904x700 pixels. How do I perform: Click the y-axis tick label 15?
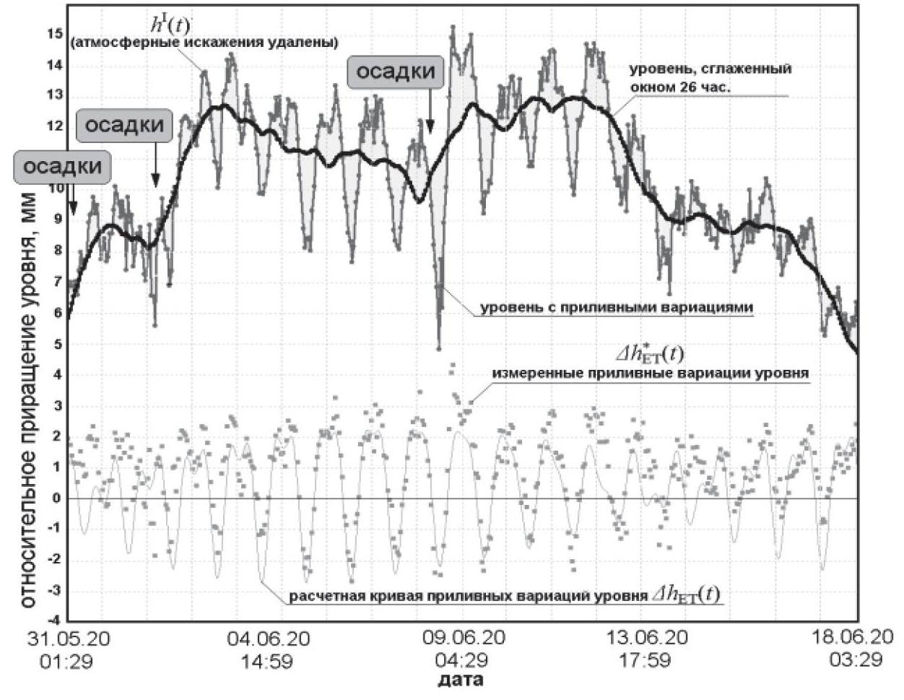click(x=55, y=34)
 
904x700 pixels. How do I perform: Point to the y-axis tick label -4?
click(x=53, y=621)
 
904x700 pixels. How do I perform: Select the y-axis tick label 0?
click(x=56, y=498)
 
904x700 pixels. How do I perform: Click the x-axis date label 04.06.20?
click(x=269, y=639)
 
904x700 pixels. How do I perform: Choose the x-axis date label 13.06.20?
click(x=655, y=639)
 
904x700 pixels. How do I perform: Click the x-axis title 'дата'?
click(x=461, y=680)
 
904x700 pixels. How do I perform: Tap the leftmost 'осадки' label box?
click(x=63, y=166)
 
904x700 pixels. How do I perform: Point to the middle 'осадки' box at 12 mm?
click(x=125, y=125)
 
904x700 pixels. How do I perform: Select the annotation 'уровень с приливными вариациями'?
click(x=617, y=308)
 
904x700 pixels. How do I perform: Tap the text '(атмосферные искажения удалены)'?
click(x=204, y=43)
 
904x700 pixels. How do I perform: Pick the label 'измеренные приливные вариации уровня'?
click(x=651, y=373)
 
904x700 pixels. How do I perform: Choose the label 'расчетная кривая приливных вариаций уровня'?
click(x=468, y=597)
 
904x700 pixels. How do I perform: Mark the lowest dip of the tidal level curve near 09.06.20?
click(x=438, y=348)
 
